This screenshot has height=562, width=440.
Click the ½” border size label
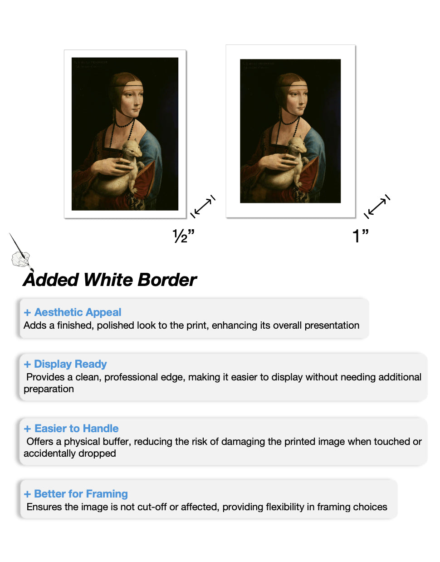(x=183, y=236)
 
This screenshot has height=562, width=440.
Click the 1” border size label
(x=360, y=236)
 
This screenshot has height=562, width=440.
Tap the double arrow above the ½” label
(x=203, y=207)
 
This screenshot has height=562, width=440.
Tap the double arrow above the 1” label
(x=377, y=207)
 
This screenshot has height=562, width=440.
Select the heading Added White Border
(x=110, y=280)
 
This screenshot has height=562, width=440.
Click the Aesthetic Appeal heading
(x=78, y=312)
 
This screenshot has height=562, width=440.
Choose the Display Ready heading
(x=70, y=364)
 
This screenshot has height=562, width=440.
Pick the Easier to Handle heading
(x=76, y=429)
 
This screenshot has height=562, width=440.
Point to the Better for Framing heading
(x=81, y=494)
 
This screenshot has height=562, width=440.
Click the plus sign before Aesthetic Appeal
(x=28, y=313)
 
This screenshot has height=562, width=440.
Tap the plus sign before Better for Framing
(x=28, y=494)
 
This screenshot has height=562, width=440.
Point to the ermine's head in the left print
(x=131, y=148)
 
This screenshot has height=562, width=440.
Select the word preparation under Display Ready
(x=49, y=389)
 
